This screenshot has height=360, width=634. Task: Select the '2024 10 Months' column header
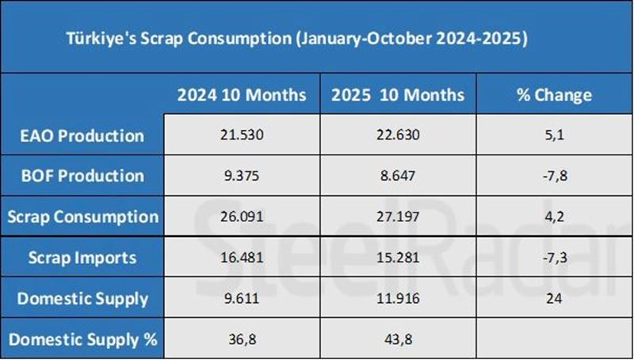pos(241,95)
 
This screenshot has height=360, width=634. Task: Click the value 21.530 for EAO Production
pos(241,136)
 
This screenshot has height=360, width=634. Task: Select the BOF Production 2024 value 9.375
pos(241,176)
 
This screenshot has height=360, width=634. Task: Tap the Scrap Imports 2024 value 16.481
pos(241,258)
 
